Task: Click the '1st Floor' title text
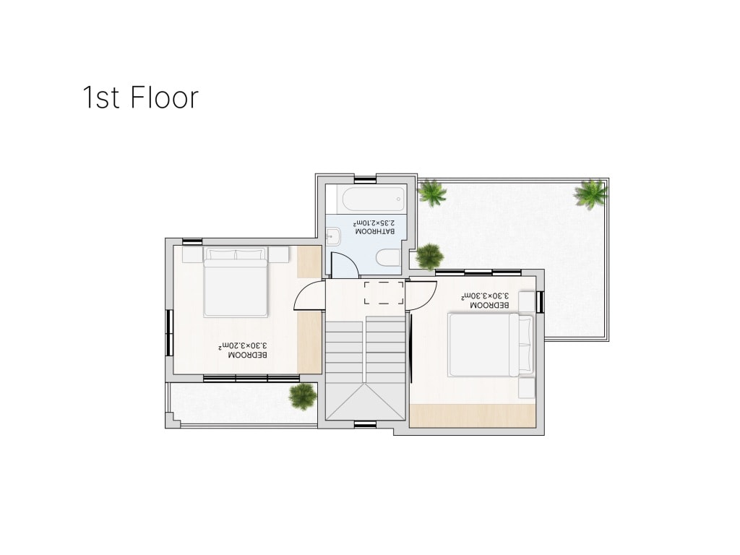pos(141,98)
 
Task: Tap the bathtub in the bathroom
pos(374,199)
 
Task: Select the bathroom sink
pos(333,236)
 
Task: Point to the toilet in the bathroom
pos(388,259)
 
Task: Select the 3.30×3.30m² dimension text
pos(485,296)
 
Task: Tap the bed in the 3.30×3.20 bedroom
pos(236,282)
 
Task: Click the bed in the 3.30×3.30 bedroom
pos(491,345)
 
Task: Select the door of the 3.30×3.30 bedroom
pos(421,295)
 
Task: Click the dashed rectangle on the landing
pos(384,293)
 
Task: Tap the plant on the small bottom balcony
pos(303,396)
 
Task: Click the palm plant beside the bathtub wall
pos(431,192)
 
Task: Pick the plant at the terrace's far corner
pos(590,194)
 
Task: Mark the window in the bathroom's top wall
pos(365,180)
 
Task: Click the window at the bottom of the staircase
pos(365,424)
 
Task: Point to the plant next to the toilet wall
pos(429,257)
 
